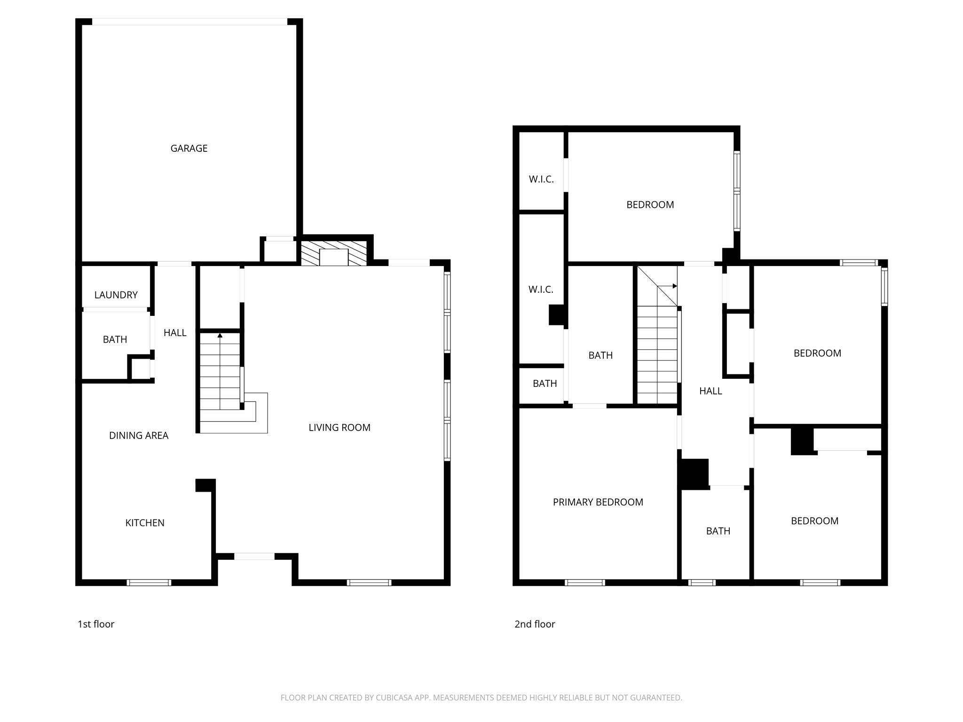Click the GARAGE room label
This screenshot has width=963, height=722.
pos(189,149)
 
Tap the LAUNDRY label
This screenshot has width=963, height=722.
pos(116,295)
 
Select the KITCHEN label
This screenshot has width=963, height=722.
pos(145,523)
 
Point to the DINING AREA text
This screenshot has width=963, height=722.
pos(139,435)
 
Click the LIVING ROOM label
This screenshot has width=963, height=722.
pos(339,427)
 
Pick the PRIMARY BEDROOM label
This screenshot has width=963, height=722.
pos(598,502)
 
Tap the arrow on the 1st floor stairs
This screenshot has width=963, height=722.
pos(220,336)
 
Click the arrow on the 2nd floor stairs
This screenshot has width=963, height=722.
pos(674,286)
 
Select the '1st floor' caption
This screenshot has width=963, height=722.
pos(96,624)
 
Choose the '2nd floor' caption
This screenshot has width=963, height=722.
pos(535,624)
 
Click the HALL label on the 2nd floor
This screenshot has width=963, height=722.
pos(710,391)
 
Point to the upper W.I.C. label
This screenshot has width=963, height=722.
pos(541,179)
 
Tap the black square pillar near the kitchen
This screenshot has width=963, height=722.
pos(205,485)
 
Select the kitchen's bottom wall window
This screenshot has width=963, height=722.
pos(149,582)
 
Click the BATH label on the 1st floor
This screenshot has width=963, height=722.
pos(115,339)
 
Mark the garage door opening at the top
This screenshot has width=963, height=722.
pos(189,22)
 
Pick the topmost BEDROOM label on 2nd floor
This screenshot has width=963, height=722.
pos(650,204)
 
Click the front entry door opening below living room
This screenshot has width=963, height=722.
pos(254,557)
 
